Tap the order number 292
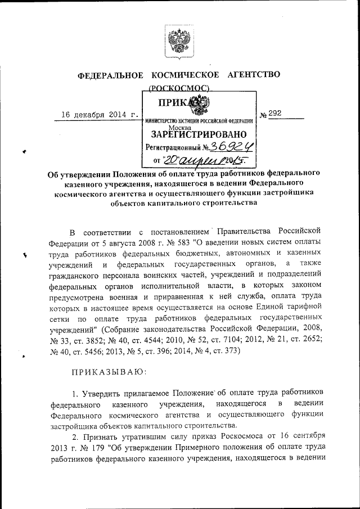coord(274,113)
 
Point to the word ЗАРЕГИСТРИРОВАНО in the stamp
coord(199,135)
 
